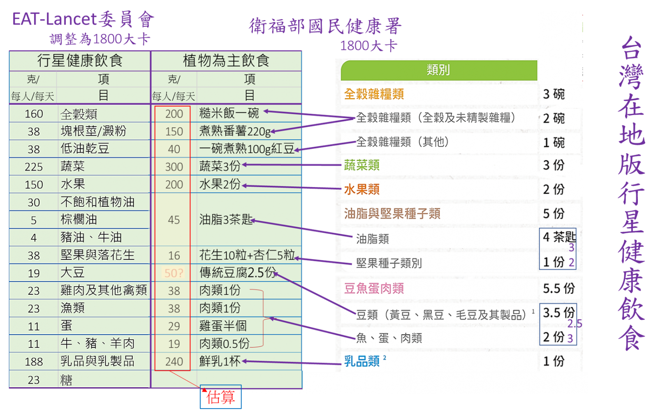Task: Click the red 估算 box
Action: tap(220, 397)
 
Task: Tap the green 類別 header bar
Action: tap(439, 70)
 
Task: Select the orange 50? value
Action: tap(174, 273)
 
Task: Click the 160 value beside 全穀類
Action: tap(34, 114)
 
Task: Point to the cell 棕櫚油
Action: tap(79, 220)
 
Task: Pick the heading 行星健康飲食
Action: tap(80, 60)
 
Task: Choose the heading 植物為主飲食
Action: tap(226, 60)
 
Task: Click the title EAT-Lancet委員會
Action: tap(83, 19)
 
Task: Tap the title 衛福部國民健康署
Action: tap(325, 26)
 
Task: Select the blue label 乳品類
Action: tap(362, 361)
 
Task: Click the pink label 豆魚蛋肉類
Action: tap(374, 288)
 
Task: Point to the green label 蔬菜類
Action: tap(361, 165)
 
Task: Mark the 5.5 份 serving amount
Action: tap(559, 288)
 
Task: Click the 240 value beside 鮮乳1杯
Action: tap(174, 361)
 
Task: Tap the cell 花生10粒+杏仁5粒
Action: tap(247, 255)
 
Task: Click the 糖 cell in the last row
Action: tap(66, 380)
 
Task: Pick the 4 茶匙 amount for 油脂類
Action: tap(559, 237)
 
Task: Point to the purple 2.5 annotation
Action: tap(575, 324)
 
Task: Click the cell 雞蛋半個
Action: tap(223, 326)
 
